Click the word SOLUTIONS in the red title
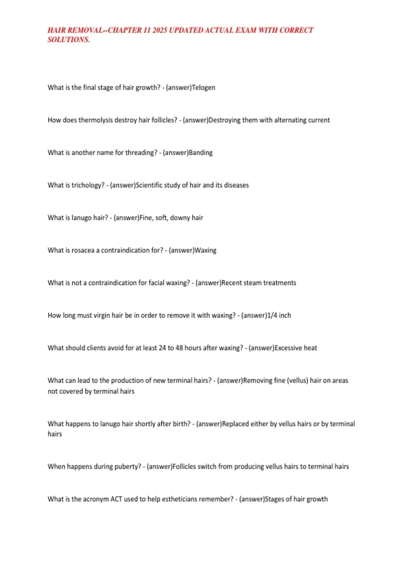(69, 40)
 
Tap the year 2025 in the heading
(160, 30)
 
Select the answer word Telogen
(203, 88)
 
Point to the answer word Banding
(201, 153)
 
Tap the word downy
(180, 218)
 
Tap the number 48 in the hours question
(179, 348)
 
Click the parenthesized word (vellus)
(297, 381)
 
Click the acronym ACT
(116, 499)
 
